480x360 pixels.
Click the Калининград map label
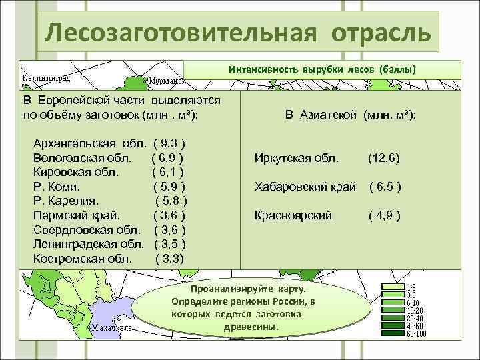click(x=47, y=77)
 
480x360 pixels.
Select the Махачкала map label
click(x=110, y=327)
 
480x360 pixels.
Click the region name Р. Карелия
click(x=66, y=201)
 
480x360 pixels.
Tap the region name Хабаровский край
click(x=305, y=187)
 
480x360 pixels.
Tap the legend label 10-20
click(x=415, y=310)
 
